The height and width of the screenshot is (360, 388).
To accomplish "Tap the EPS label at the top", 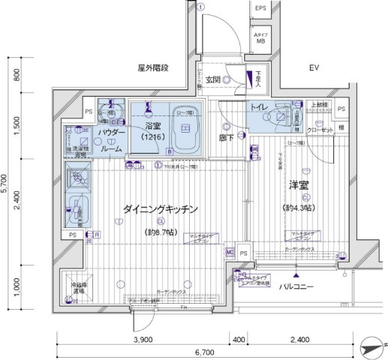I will click(260, 8).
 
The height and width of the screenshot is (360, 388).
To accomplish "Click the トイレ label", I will click(262, 107).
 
